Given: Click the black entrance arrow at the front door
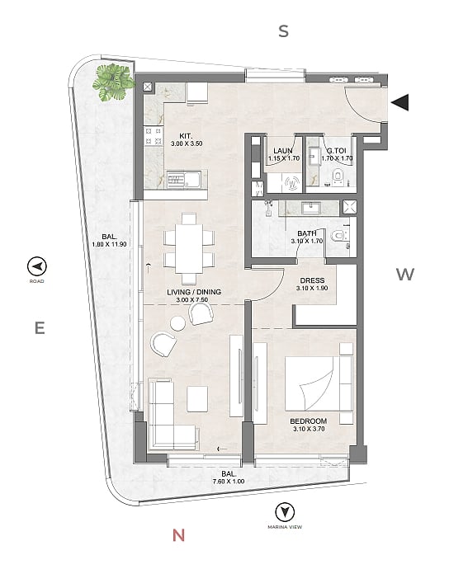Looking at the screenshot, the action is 400,102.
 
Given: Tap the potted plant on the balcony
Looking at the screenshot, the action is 113,82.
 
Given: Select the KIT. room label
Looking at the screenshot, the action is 186,136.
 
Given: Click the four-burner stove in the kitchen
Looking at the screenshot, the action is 154,136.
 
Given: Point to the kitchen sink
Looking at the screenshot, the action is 184,180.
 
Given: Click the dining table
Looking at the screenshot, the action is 189,248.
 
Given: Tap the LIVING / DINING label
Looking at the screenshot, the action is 194,292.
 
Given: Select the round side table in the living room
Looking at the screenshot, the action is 178,323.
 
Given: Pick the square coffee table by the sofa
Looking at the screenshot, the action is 197,399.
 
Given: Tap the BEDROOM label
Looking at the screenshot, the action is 309,421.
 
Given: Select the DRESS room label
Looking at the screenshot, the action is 312,280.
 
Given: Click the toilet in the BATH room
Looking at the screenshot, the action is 339,236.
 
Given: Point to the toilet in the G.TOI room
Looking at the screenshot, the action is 338,176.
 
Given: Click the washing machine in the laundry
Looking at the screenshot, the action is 292,183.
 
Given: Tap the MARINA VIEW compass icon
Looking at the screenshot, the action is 285,512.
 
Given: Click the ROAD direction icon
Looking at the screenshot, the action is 36,266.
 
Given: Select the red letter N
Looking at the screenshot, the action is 178,535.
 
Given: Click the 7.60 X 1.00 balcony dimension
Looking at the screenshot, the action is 229,482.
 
